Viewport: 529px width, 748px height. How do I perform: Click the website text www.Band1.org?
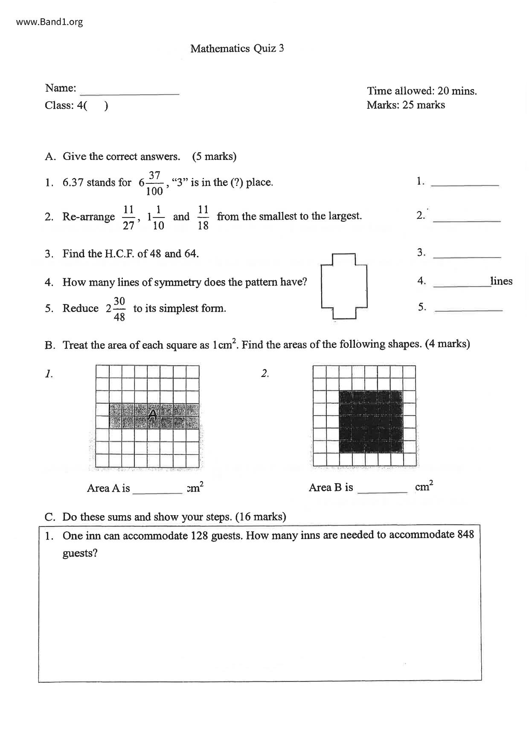click(49, 22)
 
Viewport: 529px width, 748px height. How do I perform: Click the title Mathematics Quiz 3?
click(237, 49)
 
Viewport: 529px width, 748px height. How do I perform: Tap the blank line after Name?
click(130, 91)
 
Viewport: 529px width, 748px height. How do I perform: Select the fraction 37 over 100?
click(154, 183)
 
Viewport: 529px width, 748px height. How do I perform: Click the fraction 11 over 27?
click(128, 217)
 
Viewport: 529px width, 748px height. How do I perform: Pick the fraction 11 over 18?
click(203, 217)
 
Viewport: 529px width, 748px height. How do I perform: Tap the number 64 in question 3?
click(190, 254)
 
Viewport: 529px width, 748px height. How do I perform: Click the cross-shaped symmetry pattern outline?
click(344, 286)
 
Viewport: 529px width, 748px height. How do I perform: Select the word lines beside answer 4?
click(501, 281)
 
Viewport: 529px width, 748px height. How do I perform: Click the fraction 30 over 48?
click(119, 309)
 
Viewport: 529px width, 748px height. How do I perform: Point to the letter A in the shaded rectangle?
click(153, 414)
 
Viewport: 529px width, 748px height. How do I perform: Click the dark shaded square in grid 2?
click(371, 421)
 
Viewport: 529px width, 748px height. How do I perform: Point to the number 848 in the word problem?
click(465, 534)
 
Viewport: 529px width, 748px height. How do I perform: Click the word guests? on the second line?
click(80, 554)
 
